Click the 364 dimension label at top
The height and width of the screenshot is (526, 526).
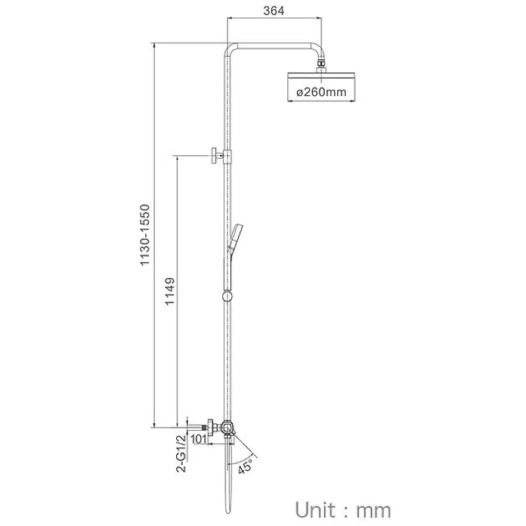point(274,11)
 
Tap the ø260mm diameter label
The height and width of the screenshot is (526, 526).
point(321,91)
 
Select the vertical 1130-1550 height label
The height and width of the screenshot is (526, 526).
point(145,235)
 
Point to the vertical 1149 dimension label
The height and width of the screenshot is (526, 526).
point(170,291)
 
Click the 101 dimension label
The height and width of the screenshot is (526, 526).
point(199,439)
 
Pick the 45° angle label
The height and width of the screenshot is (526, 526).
point(245,466)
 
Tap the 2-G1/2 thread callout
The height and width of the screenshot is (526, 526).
point(181,454)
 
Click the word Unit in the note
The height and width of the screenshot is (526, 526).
point(316,510)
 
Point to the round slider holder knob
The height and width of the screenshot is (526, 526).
point(227,297)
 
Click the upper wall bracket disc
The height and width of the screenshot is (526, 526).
point(214,155)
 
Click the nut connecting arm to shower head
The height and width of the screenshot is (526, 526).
point(322,65)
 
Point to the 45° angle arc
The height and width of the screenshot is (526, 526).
point(241,460)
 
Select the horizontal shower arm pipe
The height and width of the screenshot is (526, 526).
point(275,46)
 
